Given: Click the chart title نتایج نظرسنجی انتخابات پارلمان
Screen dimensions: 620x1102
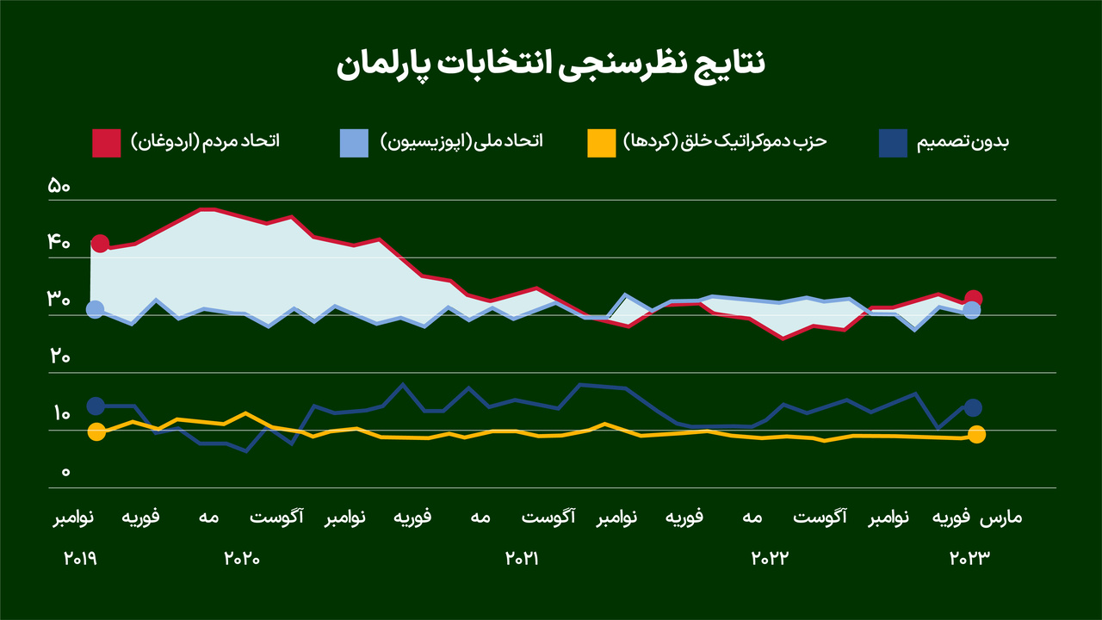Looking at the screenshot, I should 550,65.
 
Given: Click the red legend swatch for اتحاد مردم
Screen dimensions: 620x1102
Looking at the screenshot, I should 106,143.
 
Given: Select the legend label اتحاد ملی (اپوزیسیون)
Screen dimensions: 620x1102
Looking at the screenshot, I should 461,141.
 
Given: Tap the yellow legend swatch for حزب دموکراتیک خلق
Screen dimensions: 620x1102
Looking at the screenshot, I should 601,143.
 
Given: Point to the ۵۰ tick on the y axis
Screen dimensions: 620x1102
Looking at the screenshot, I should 59,186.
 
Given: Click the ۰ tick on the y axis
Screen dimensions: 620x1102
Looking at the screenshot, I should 65,473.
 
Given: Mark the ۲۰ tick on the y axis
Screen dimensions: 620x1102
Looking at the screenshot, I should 59,357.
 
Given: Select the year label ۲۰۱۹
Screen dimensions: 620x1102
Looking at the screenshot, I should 80,558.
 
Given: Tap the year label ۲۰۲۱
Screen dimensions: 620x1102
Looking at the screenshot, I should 521,558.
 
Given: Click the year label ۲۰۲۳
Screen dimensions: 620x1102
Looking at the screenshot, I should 970,558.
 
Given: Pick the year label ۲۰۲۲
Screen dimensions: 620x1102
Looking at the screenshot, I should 770,558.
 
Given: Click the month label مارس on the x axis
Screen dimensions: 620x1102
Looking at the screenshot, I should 1001,518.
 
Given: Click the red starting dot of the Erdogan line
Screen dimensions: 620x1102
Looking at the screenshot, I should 100,244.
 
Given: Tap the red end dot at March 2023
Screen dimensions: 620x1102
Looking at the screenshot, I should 974,299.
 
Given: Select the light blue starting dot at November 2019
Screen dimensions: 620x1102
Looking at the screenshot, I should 96,309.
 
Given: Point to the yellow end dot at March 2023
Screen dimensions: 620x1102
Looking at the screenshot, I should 976,435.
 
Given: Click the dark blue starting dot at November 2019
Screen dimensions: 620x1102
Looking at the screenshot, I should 96,406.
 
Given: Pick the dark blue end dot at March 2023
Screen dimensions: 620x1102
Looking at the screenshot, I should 973,408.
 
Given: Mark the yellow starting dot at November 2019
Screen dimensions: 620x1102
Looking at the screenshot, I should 96,432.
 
